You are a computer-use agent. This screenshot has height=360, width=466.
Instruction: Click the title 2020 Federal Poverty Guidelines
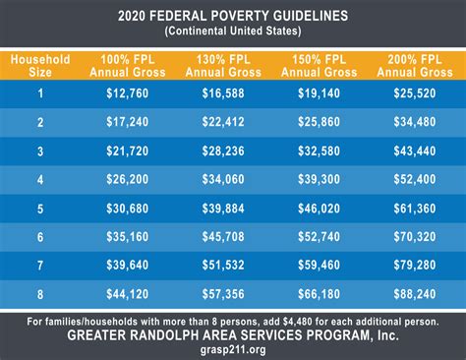[x=233, y=16]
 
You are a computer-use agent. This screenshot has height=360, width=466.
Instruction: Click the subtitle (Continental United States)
[x=233, y=31]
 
